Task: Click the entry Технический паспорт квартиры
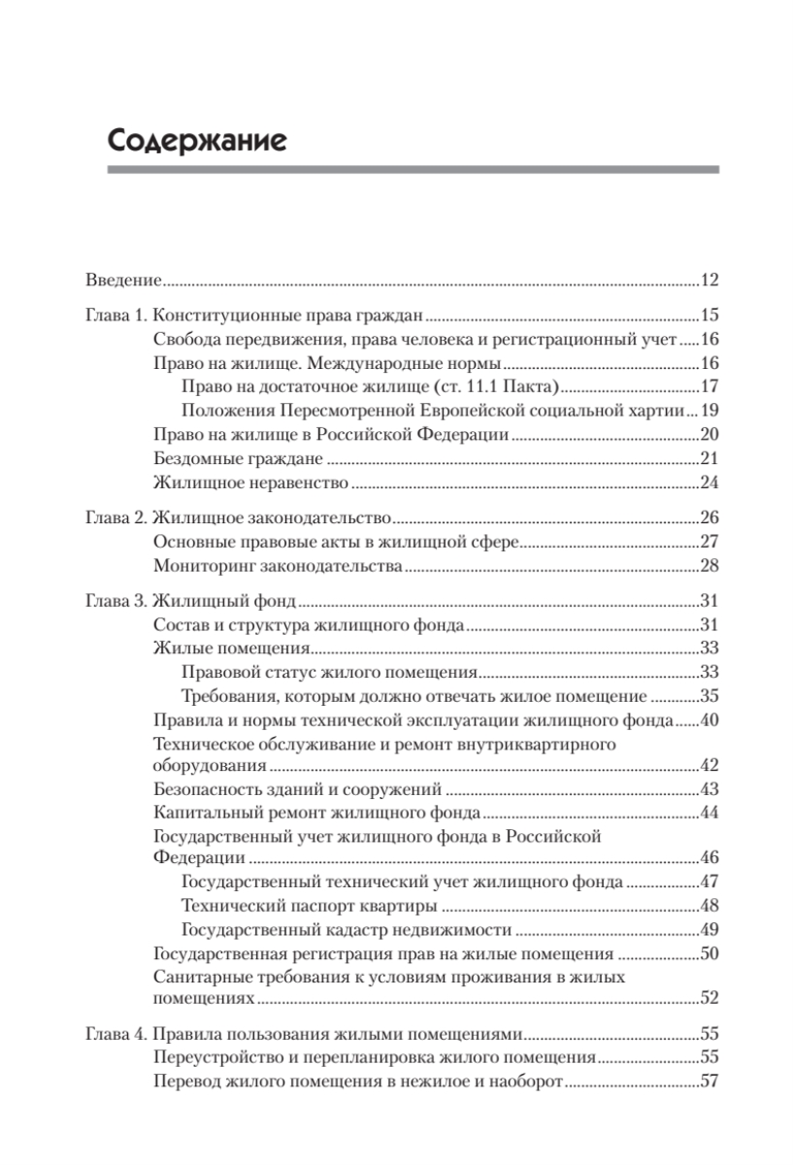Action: coord(309,907)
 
